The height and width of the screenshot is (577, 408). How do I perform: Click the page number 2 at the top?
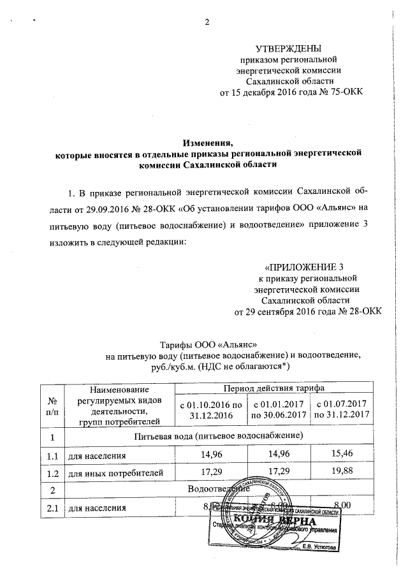[x=206, y=24]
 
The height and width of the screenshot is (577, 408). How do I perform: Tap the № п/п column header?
[x=52, y=404]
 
